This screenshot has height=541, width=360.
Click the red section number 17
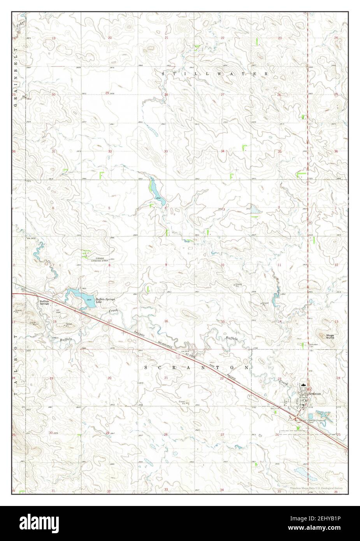110,321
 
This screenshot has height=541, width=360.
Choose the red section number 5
109,208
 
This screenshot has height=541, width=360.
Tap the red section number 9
166,265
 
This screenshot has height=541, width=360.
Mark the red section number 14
279,321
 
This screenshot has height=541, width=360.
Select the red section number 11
279,265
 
